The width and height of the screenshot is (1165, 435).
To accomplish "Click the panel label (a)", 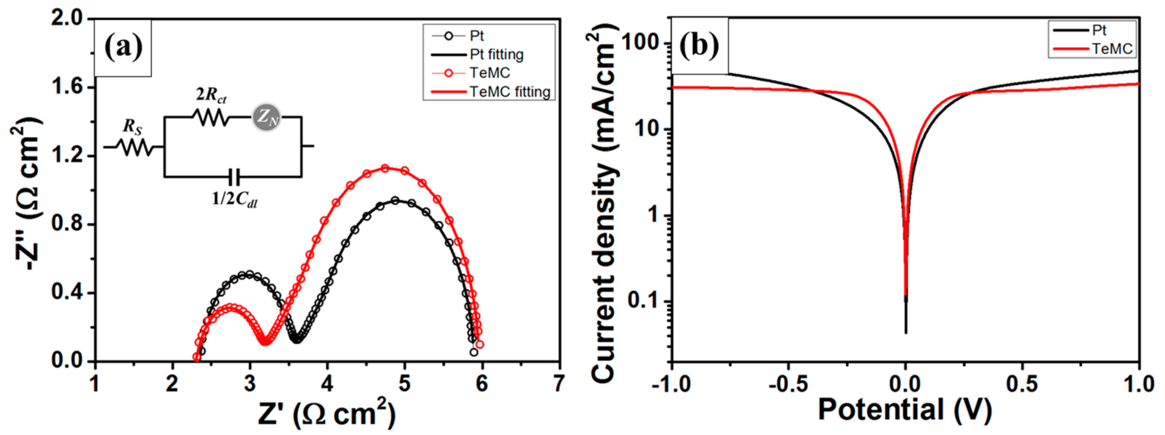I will coord(123,47).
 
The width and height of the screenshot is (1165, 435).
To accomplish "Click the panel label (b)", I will coord(699,45).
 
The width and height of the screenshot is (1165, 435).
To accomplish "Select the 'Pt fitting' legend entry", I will coord(496,54).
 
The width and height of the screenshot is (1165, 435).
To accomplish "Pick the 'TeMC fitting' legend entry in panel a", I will coord(509,92).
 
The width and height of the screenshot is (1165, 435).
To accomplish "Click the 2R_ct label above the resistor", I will coord(211,95).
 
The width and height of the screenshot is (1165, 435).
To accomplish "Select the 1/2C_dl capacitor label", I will coord(235,199).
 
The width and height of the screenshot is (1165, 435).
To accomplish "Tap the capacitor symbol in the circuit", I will coord(234,176).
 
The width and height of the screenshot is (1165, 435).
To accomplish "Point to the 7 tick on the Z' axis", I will coord(559,384).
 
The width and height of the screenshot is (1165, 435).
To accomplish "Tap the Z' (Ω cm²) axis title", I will coord(327,413).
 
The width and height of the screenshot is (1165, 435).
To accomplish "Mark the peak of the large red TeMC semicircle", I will coord(385,168).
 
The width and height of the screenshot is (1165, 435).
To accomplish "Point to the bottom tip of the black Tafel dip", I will coord(905,333).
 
